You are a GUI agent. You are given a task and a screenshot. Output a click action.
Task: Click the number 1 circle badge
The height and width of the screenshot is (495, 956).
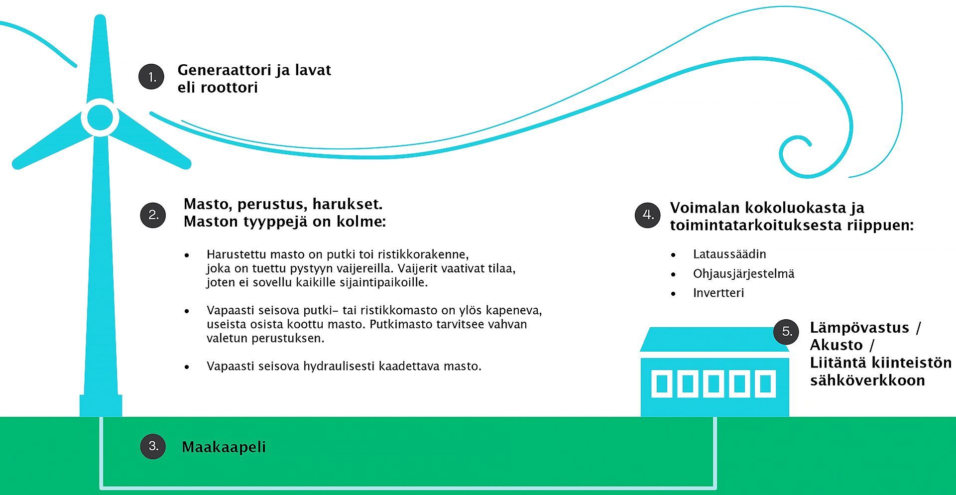pyautogui.click(x=151, y=77)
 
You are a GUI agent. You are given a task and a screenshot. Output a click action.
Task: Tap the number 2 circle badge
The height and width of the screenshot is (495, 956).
pyautogui.click(x=153, y=215)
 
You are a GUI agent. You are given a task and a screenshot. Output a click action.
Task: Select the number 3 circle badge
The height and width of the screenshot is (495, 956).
pyautogui.click(x=153, y=446)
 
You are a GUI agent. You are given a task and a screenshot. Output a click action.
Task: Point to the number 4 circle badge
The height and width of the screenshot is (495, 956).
pyautogui.click(x=648, y=215)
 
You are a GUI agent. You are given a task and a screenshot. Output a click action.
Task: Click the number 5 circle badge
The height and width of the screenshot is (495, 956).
pyautogui.click(x=786, y=331)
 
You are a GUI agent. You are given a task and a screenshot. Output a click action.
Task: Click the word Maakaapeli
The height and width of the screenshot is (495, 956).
pyautogui.click(x=224, y=447)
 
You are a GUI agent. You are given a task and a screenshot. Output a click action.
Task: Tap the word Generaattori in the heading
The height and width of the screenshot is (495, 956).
pyautogui.click(x=224, y=70)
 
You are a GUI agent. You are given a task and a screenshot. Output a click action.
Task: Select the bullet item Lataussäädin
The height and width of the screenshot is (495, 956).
pyautogui.click(x=729, y=254)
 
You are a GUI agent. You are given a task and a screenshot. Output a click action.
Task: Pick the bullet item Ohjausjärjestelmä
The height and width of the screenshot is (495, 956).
pyautogui.click(x=743, y=273)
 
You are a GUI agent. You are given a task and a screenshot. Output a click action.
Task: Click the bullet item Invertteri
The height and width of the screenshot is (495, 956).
pyautogui.click(x=718, y=293)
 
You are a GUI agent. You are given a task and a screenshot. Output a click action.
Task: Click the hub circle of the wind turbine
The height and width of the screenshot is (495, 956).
pyautogui.click(x=100, y=118)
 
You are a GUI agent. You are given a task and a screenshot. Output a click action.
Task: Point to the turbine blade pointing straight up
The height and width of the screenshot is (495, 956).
pyautogui.click(x=100, y=57)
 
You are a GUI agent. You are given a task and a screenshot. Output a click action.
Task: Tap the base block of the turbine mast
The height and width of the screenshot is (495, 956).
pyautogui.click(x=101, y=405)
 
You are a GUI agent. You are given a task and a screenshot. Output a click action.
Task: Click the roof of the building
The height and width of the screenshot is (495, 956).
pyautogui.click(x=715, y=340)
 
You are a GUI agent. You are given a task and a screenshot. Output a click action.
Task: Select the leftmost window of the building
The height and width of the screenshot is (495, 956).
pyautogui.click(x=662, y=384)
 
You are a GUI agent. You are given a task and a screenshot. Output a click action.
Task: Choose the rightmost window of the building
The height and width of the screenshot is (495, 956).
pyautogui.click(x=765, y=384)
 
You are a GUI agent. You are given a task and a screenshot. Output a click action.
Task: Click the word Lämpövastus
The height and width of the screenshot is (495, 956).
pyautogui.click(x=859, y=328)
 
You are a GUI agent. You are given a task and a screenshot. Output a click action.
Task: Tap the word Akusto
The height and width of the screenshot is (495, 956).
pyautogui.click(x=836, y=345)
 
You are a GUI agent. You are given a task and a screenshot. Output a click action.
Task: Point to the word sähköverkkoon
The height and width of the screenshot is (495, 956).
pyautogui.click(x=867, y=380)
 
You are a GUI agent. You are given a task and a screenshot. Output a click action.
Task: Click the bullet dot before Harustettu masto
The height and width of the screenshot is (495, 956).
pyautogui.click(x=187, y=255)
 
